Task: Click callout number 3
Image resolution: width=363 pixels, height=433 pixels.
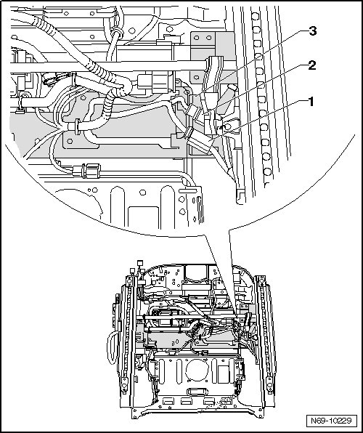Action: click(312, 31)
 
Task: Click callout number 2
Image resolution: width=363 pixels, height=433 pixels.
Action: click(312, 65)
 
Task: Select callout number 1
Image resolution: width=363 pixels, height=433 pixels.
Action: click(311, 102)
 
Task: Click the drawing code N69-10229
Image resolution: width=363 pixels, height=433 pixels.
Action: click(331, 421)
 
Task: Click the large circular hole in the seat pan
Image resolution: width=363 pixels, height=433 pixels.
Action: click(197, 370)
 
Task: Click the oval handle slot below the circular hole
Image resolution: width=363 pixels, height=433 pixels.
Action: click(196, 392)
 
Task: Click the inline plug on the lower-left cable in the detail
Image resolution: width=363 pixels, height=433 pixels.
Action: click(86, 171)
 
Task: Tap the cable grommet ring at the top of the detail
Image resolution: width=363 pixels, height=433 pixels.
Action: click(117, 33)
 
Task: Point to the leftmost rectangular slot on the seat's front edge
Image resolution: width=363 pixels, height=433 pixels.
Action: click(168, 401)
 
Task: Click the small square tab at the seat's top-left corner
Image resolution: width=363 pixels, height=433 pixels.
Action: click(140, 262)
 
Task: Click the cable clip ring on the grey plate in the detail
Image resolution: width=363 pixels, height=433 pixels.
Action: click(77, 127)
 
